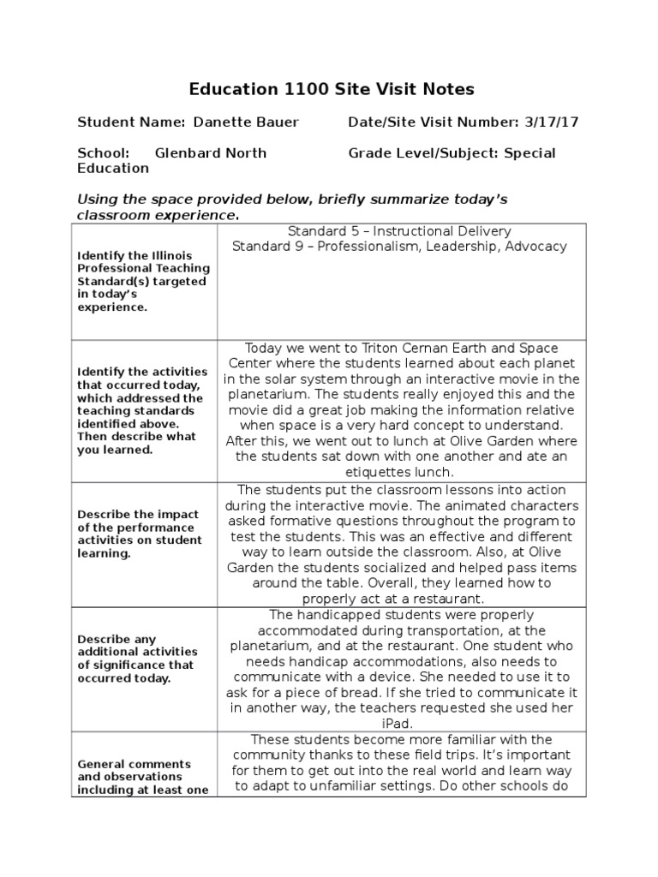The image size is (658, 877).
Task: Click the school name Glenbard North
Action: click(210, 153)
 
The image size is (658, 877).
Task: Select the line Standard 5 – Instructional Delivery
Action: click(399, 231)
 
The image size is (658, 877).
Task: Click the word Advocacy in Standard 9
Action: click(535, 247)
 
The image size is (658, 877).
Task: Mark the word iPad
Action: click(401, 723)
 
